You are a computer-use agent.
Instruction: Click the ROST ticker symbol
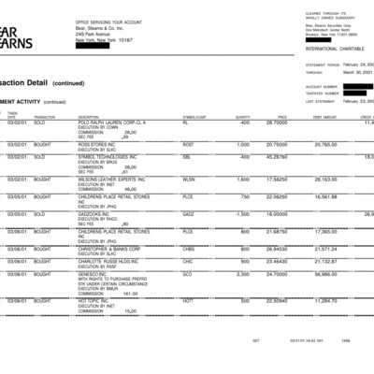(x=188, y=145)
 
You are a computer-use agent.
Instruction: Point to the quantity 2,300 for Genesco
(x=242, y=274)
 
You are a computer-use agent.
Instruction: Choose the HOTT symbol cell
(x=188, y=300)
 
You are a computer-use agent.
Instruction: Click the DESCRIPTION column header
(x=90, y=117)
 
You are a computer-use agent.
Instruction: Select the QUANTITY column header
(x=241, y=117)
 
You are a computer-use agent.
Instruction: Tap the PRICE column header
(x=280, y=117)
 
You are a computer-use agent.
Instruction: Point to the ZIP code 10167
(x=125, y=40)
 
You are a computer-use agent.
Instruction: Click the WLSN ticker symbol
(x=189, y=178)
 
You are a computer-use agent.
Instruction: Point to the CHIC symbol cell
(x=188, y=262)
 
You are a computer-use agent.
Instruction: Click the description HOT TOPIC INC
(x=93, y=300)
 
